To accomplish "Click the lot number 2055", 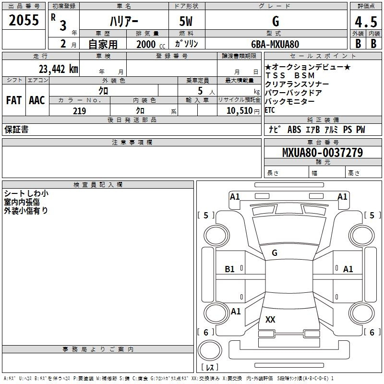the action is (x=24, y=20).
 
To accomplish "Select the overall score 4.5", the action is (x=366, y=22).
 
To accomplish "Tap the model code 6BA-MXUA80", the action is (x=275, y=44).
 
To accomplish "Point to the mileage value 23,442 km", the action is (x=59, y=69).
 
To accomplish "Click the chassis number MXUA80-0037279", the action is (x=323, y=152).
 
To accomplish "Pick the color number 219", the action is (x=79, y=111).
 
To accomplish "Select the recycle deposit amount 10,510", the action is (x=240, y=111).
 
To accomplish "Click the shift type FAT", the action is (x=14, y=100).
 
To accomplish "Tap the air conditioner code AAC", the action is (x=37, y=100).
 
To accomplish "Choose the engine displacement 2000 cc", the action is (x=151, y=44).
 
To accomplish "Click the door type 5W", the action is (x=186, y=21).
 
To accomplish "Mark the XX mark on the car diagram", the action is (x=270, y=320).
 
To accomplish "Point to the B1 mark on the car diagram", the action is (x=230, y=269).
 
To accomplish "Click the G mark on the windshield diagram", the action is (x=275, y=253).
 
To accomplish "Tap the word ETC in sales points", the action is (x=270, y=110).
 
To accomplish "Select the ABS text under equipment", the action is (x=294, y=129).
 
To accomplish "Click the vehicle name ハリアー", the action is (x=124, y=21).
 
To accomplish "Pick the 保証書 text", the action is (x=16, y=129).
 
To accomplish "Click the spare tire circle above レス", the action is (x=210, y=350).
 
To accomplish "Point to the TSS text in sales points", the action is (x=275, y=75).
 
